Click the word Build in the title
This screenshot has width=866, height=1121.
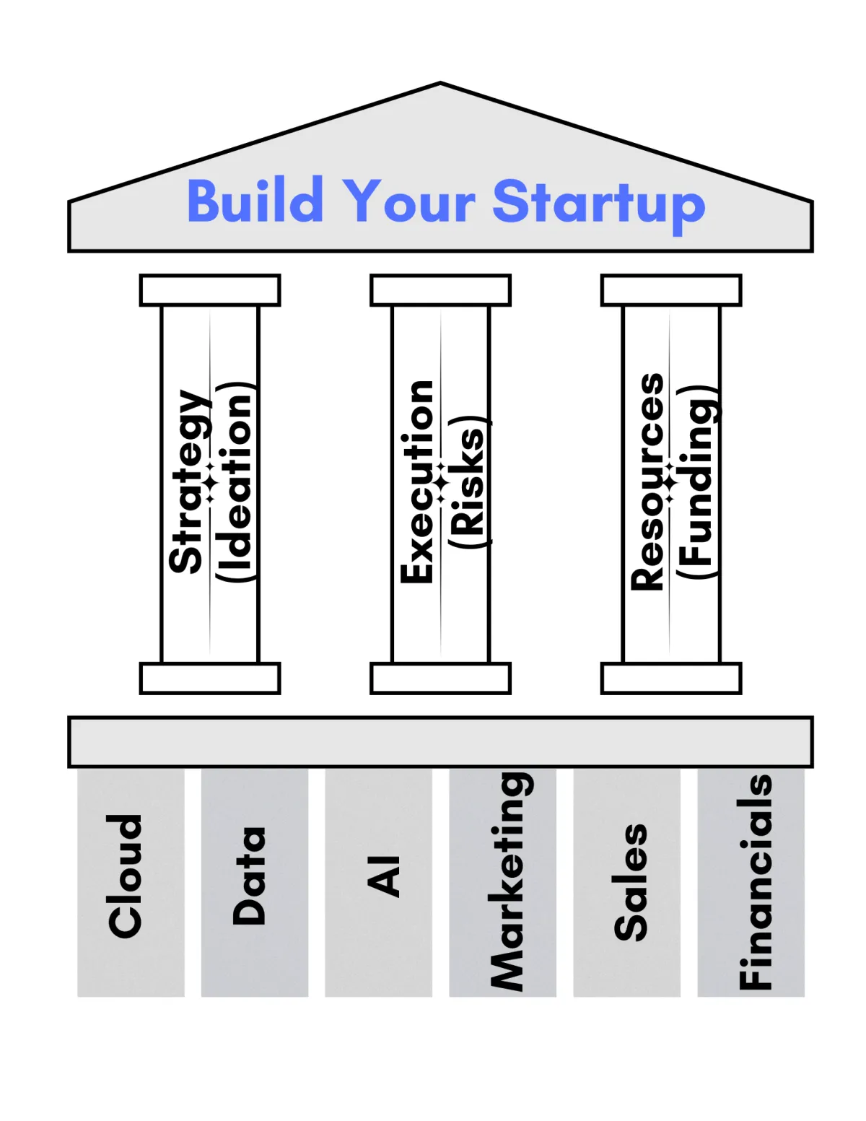pos(255,201)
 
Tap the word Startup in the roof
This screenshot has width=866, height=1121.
pos(598,203)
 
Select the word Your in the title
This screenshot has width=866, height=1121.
pos(408,201)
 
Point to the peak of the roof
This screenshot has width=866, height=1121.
pos(440,85)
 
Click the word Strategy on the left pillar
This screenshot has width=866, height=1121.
pos(188,481)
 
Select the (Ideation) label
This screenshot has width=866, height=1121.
pos(235,481)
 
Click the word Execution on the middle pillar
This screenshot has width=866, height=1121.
pos(418,481)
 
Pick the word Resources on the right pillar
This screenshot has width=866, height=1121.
pos(647,481)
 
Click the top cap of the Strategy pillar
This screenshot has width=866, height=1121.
pos(210,290)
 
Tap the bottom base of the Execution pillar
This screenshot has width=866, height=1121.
pos(440,679)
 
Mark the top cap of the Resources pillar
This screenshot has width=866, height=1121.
pos(671,290)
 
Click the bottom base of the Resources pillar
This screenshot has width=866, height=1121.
pos(671,679)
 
